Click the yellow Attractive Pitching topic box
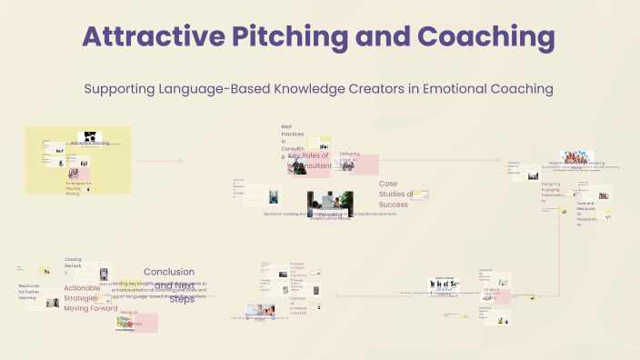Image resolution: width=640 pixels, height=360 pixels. tap(78, 160)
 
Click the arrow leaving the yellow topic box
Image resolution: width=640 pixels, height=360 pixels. tap(159, 161)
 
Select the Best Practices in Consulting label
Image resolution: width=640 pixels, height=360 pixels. tap(287, 142)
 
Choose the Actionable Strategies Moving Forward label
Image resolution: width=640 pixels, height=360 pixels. tap(89, 298)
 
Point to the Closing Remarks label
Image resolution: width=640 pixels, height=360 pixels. tap(73, 265)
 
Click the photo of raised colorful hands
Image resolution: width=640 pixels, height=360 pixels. tap(577, 157)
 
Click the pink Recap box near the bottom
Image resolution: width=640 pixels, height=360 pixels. tap(138, 322)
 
